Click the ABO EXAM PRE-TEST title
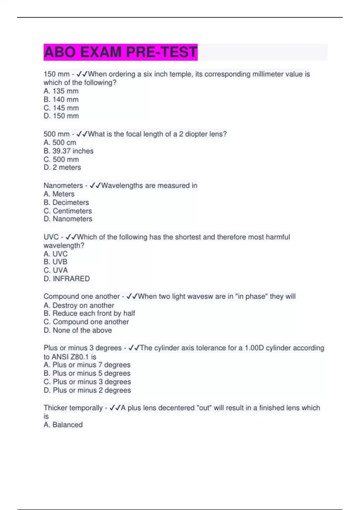point(120,52)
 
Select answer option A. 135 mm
point(61,91)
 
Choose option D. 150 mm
point(61,116)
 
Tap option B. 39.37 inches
point(68,151)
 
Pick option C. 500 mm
point(61,159)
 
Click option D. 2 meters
point(62,167)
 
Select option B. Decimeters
point(66,202)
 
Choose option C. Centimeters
point(67,211)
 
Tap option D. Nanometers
point(68,219)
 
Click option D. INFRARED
point(67,279)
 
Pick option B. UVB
point(55,262)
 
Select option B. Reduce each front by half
point(89,313)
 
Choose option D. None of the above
point(78,330)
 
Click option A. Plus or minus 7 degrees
point(87,365)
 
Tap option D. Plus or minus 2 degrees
point(87,390)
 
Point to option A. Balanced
point(63,425)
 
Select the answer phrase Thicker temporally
point(73,408)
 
